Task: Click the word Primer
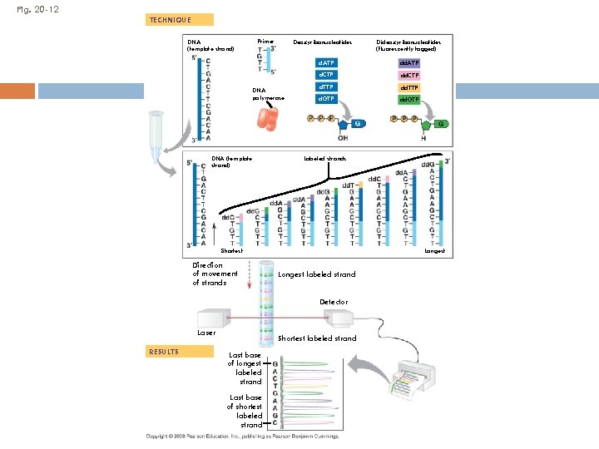click(265, 41)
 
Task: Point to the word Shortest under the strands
click(231, 250)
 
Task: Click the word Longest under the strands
click(434, 250)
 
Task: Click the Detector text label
click(334, 301)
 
